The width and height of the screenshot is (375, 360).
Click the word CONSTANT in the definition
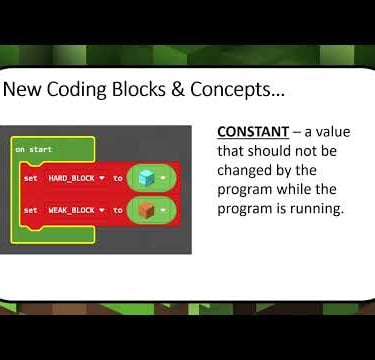point(253,132)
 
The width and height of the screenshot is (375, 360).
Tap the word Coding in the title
point(77,90)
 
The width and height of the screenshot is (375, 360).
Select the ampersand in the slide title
point(177,90)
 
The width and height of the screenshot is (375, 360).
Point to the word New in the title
point(22,90)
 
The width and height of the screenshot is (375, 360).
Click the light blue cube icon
point(146,178)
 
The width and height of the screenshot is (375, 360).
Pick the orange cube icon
point(146,210)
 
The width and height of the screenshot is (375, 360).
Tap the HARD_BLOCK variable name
point(71,178)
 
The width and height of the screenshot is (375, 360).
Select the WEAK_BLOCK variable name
point(71,210)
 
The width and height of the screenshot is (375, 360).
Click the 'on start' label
point(34,149)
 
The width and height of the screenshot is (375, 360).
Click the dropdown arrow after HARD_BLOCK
point(102,178)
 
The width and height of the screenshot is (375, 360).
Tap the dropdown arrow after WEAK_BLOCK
point(102,210)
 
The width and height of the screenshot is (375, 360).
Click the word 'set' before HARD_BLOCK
point(31,178)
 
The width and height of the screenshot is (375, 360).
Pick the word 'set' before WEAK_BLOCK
point(31,210)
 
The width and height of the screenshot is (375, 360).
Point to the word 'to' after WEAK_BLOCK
point(118,210)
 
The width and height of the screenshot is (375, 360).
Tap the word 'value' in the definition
point(333,132)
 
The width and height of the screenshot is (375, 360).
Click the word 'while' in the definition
point(294,190)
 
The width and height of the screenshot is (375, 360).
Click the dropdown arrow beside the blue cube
point(163,178)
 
